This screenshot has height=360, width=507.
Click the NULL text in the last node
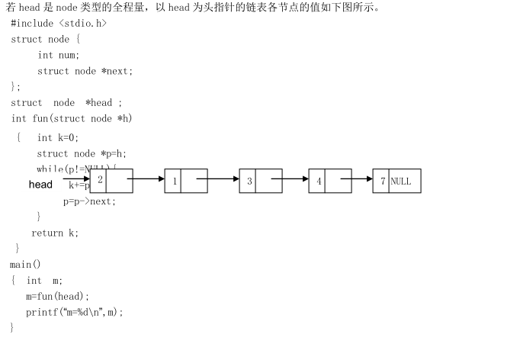coord(401,182)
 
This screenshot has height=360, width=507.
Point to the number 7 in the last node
coord(382,182)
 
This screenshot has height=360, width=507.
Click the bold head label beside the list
coord(41,185)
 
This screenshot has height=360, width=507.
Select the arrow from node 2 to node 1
coord(149,180)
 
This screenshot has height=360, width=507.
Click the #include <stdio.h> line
coord(59,23)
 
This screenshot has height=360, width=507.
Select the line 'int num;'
coord(59,55)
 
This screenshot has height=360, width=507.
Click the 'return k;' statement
coord(55,233)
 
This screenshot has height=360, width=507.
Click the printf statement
coord(74,312)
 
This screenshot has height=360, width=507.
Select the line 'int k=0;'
coord(58,137)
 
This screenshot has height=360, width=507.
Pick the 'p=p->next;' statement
coord(89,201)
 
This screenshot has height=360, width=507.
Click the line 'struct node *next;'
coord(85,71)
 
